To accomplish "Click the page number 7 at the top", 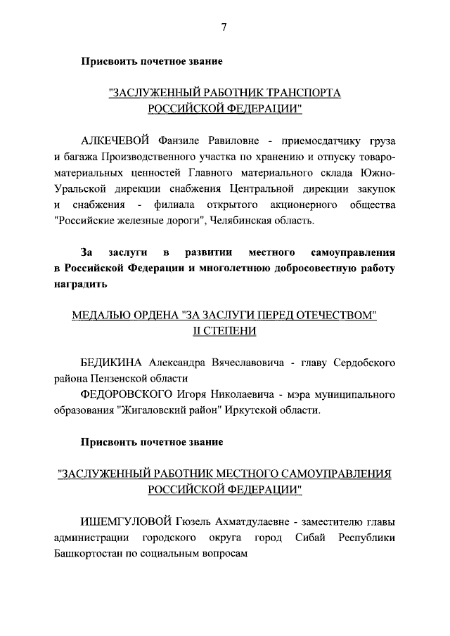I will pos(224,27).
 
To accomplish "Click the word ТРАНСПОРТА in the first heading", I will pos(304,93).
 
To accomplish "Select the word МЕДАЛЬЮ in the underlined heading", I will pos(101,316).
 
